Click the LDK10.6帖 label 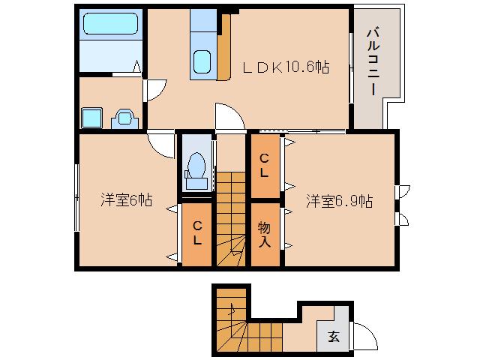coord(285,67)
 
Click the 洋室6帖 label coord(127,200)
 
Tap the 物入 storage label coord(265,234)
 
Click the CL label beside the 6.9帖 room coord(265,165)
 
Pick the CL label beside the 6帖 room coord(196,233)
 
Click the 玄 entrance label coord(333,337)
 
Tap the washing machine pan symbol coord(91,118)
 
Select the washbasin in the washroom coord(124,118)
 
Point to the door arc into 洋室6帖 coord(160,142)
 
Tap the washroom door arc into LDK coord(154,89)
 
